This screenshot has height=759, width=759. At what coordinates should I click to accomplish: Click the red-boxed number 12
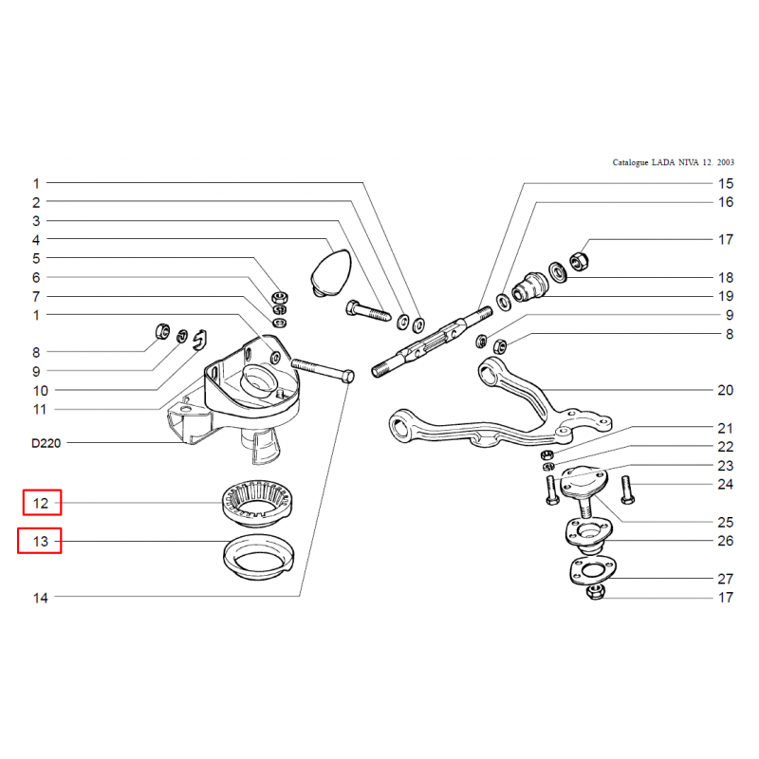point(41,503)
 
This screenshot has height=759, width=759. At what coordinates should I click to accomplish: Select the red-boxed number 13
point(41,541)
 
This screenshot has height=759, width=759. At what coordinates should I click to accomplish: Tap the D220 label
point(46,443)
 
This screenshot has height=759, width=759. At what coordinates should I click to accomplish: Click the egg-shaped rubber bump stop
point(331,272)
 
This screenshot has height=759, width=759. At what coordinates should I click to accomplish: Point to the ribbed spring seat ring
point(257,503)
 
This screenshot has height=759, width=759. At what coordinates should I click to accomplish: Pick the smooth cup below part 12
point(258,557)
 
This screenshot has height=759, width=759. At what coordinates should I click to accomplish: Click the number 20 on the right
point(725,390)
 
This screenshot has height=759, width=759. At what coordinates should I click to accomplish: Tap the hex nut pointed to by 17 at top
point(579,262)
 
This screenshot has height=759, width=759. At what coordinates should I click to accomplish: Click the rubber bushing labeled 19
point(530,287)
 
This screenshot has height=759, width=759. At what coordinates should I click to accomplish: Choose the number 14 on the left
point(41,598)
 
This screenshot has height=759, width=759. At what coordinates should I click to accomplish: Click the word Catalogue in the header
point(630,162)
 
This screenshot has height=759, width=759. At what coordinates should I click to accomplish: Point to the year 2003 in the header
point(726,162)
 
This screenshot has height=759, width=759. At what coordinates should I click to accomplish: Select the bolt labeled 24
point(627,490)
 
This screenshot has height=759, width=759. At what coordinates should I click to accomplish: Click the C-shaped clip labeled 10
point(200,339)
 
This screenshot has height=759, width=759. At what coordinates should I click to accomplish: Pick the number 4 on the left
point(36,240)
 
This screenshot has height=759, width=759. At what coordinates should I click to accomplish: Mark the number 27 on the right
point(725,579)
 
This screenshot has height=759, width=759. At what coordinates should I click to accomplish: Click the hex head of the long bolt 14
point(348,377)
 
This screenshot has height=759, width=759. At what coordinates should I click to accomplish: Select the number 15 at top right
point(726,184)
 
